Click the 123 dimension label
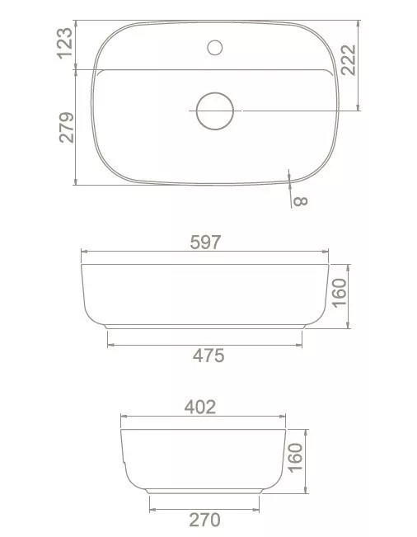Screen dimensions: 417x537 [x=64, y=44]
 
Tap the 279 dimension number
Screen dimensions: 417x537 [x=67, y=127]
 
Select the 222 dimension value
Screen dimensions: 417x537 [x=349, y=60]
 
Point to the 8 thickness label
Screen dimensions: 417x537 [x=301, y=201]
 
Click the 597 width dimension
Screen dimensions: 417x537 [x=205, y=243]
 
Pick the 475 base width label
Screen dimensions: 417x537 [x=208, y=356]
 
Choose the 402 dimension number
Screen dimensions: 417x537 [x=200, y=407]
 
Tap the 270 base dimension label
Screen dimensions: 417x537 [x=205, y=520]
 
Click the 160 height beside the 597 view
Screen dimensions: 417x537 [x=340, y=293]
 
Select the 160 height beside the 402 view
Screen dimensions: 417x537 [x=295, y=458]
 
